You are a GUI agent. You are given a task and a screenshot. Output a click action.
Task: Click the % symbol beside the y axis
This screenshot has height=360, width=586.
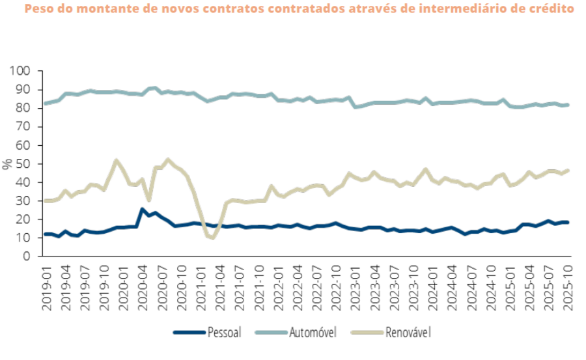pyautogui.click(x=8, y=164)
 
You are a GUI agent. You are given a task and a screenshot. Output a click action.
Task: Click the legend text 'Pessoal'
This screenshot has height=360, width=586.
pyautogui.click(x=225, y=333)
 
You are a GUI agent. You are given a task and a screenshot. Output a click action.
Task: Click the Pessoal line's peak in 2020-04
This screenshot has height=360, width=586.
pyautogui.click(x=143, y=210)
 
